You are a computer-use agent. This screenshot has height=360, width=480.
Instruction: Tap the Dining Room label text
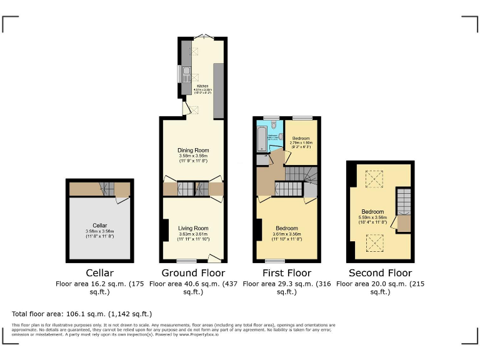coord(194,150)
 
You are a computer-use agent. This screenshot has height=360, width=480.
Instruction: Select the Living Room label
coord(194,228)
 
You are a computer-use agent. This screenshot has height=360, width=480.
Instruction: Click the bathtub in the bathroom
coord(261,137)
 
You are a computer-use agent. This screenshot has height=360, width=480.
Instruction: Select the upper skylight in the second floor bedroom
coord(374,179)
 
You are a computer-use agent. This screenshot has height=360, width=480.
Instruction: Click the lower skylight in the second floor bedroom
coord(374,241)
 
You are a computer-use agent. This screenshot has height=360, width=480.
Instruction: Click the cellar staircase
coord(107,187)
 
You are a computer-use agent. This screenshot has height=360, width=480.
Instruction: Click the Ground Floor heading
coord(193,273)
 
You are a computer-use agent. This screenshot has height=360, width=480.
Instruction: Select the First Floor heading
coord(286,273)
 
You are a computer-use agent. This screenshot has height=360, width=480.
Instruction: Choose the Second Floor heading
coord(380,273)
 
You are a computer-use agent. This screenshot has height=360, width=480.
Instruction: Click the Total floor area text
coord(82,314)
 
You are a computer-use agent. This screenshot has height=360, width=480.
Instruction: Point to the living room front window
coord(186,261)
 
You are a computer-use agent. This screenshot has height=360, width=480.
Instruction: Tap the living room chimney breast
coord(164,230)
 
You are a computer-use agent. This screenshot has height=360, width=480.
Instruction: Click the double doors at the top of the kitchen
coord(201,37)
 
